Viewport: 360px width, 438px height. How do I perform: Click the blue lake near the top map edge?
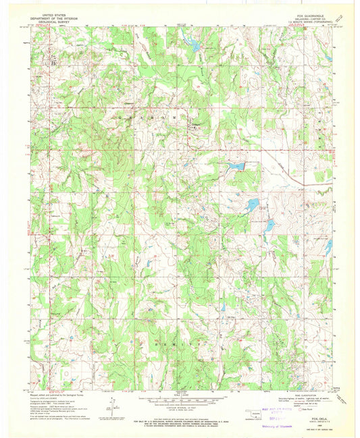click(x=192, y=45)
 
